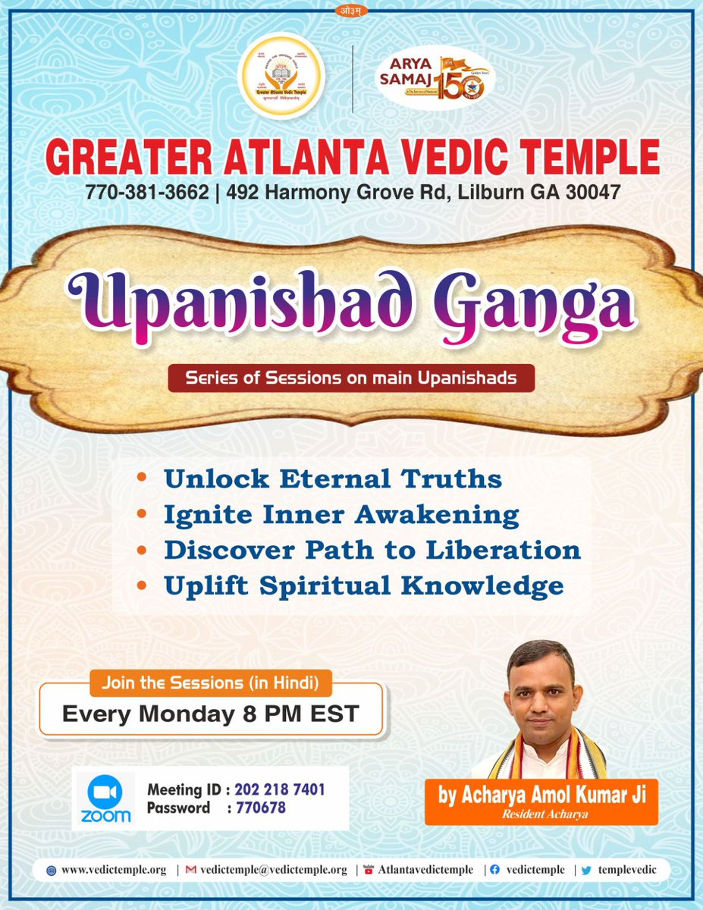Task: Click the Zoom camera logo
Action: pos(105,792)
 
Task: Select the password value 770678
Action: pos(260,808)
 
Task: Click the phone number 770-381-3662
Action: pos(146,193)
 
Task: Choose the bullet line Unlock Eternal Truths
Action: pos(333,479)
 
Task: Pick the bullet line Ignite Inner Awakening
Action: pos(341,514)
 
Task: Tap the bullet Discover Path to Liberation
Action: pos(372,549)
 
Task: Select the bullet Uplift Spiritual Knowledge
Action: pos(363,585)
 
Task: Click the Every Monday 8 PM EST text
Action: pos(210,714)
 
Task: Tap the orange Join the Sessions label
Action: pos(211,683)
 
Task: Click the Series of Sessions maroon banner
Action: pos(351,378)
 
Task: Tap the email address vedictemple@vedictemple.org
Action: pos(273,870)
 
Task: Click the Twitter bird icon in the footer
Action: pos(585,870)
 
